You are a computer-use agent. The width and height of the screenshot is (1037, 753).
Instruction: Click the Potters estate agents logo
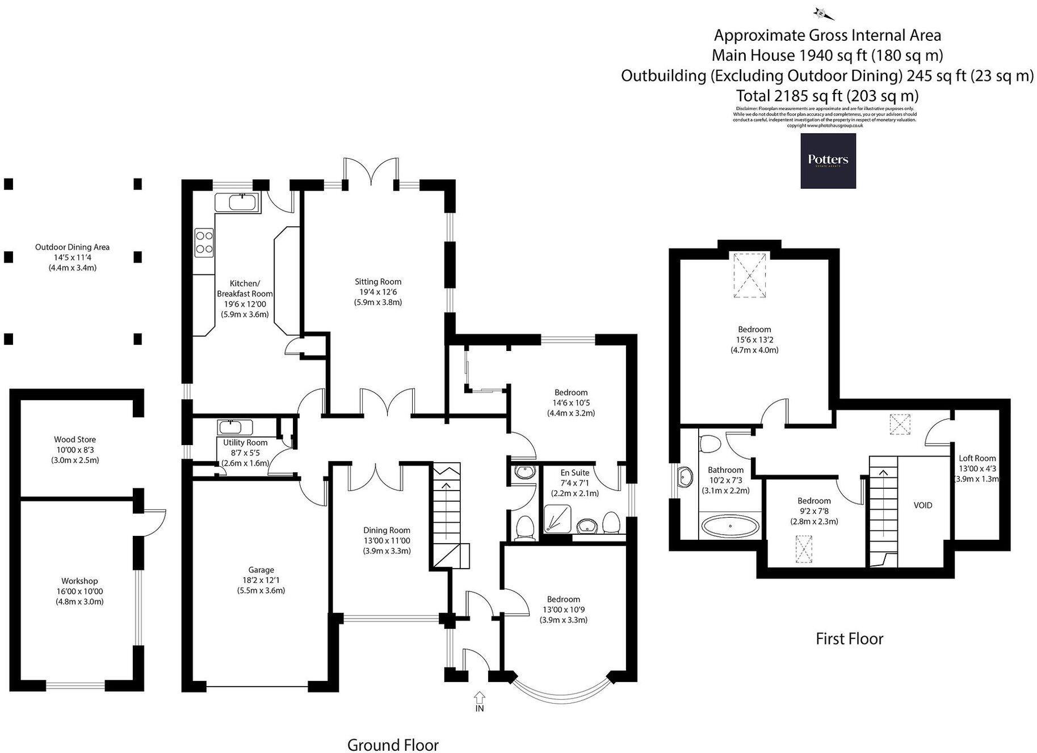tap(828, 160)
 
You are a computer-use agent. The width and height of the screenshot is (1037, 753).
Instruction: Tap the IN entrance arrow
tap(479, 696)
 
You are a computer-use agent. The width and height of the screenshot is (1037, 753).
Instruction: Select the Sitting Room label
tap(378, 282)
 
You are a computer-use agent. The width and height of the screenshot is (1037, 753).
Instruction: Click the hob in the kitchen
tap(204, 242)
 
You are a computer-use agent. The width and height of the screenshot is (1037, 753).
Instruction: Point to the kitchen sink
tap(237, 202)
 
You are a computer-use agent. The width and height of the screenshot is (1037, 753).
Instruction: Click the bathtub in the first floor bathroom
tap(730, 526)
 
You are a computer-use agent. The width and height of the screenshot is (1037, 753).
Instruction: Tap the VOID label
tap(922, 505)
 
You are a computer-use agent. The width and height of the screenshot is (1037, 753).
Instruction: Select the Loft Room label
tap(977, 458)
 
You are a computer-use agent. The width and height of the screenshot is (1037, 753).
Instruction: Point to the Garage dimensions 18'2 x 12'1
tap(261, 580)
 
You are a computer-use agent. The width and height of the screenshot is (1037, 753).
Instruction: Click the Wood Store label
tap(75, 439)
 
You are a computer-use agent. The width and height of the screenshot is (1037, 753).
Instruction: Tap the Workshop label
tap(79, 581)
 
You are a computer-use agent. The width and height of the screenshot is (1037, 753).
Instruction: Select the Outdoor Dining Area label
tap(72, 247)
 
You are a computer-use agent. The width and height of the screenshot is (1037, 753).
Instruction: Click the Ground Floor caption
tap(393, 744)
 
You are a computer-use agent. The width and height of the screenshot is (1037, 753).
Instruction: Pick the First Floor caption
tap(849, 639)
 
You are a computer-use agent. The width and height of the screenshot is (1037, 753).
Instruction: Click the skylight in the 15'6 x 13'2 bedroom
tap(750, 276)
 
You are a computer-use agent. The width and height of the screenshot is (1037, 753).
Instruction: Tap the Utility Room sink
tap(230, 427)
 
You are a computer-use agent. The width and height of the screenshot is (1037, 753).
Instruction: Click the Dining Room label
tap(387, 530)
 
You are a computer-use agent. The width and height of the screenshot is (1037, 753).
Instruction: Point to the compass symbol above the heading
tap(820, 12)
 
